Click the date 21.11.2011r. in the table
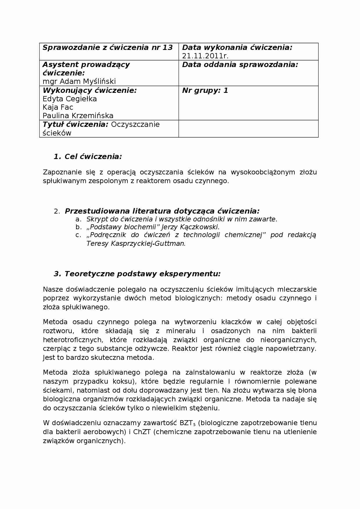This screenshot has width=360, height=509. point(205,56)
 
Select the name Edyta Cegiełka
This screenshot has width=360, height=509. point(70,99)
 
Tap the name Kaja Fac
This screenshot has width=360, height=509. point(58,107)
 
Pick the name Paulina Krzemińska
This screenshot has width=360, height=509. point(78,116)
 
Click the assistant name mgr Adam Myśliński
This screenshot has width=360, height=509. point(79,82)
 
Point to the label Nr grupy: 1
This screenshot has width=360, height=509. point(205,91)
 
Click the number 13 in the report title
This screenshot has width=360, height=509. point(168,48)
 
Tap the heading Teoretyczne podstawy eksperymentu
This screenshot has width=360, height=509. point(142,274)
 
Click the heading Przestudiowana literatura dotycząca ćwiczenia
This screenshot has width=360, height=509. point(162,211)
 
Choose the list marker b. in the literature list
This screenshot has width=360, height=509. point(78,227)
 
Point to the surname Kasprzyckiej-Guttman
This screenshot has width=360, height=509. point(147,243)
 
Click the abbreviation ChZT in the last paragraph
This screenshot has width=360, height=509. point(142,432)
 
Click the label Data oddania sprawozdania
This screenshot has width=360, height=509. point(240,65)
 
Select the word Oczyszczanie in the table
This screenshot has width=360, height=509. point(135,124)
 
